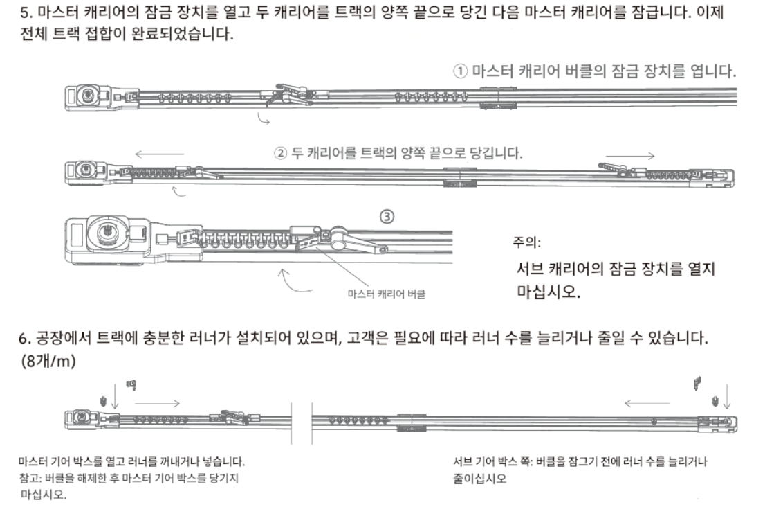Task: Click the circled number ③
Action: pos(388,216)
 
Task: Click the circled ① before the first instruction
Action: pos(461,71)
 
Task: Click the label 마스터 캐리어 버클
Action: pos(386,293)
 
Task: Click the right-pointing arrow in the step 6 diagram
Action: pos(158,402)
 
